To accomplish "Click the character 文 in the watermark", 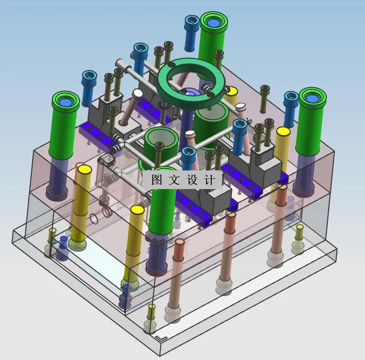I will [174, 179].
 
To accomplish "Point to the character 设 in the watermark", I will [192, 180].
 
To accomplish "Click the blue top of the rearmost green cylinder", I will [213, 23].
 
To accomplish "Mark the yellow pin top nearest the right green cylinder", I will [283, 132].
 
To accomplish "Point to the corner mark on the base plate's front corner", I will [160, 338].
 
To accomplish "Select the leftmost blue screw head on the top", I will [90, 75].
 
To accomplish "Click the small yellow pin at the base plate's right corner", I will [299, 228].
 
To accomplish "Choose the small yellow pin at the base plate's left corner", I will [52, 231].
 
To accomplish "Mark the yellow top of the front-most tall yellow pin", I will [136, 211].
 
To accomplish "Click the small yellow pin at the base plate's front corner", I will [152, 308].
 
